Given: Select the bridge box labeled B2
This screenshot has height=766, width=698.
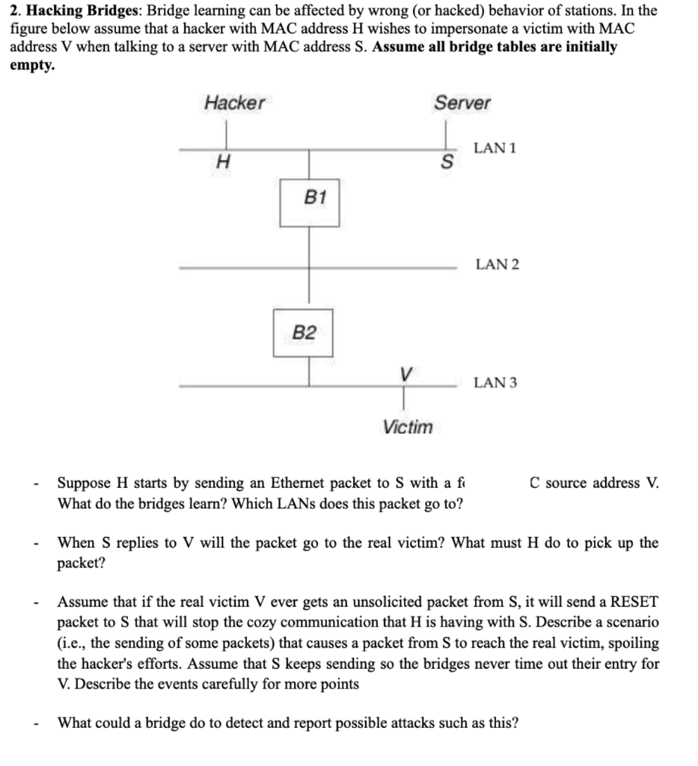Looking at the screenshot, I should [x=303, y=331].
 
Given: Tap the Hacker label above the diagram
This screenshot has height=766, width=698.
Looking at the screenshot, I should [x=234, y=103].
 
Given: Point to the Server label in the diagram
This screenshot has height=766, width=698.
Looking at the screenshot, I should [x=462, y=103].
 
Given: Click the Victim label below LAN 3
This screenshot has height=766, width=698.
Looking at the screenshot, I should [x=407, y=427].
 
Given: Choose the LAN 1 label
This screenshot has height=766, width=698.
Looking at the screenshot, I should [x=495, y=148].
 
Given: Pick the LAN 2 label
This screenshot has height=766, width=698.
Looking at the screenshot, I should [x=497, y=264].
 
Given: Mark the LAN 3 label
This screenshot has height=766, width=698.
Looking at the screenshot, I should [x=495, y=383].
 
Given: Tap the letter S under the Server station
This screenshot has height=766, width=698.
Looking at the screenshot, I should [x=447, y=162].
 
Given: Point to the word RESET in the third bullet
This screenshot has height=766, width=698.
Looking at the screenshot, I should [x=634, y=601].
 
